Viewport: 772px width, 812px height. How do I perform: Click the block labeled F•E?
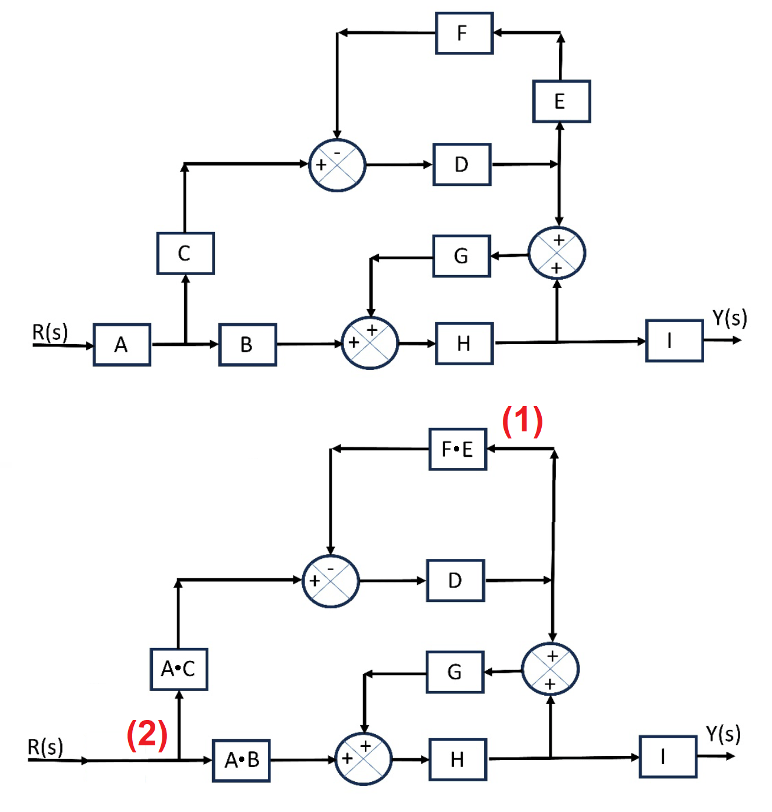pos(457,449)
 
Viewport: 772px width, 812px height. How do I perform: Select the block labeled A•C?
pos(179,669)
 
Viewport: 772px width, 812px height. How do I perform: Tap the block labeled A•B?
pos(241,760)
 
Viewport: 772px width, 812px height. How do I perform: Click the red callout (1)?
pos(522,421)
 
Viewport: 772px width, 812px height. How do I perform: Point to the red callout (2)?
pos(147,734)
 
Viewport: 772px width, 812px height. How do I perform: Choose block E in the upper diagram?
pos(561,102)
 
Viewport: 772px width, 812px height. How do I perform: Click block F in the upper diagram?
pos(464,33)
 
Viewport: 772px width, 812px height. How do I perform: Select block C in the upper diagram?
pos(185,253)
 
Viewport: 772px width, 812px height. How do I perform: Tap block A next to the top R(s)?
pos(122,345)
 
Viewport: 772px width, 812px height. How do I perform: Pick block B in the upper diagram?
pos(247,345)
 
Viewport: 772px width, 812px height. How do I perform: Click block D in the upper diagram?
pos(462,165)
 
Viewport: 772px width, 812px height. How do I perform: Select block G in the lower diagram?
pos(454,672)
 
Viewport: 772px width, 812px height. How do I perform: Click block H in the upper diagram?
pos(464,343)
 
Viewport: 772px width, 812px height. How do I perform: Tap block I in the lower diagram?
pos(668,757)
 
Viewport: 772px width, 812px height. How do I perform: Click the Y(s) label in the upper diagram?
pos(729,318)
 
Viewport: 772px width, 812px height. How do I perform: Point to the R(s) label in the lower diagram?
pos(45,747)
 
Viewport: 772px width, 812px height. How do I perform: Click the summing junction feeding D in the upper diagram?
pos(337,165)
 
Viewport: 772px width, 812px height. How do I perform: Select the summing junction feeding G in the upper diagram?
pos(557,254)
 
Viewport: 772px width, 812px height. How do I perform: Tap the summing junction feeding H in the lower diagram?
pos(363,759)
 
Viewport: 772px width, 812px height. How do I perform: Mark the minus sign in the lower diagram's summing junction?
pos(331,568)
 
